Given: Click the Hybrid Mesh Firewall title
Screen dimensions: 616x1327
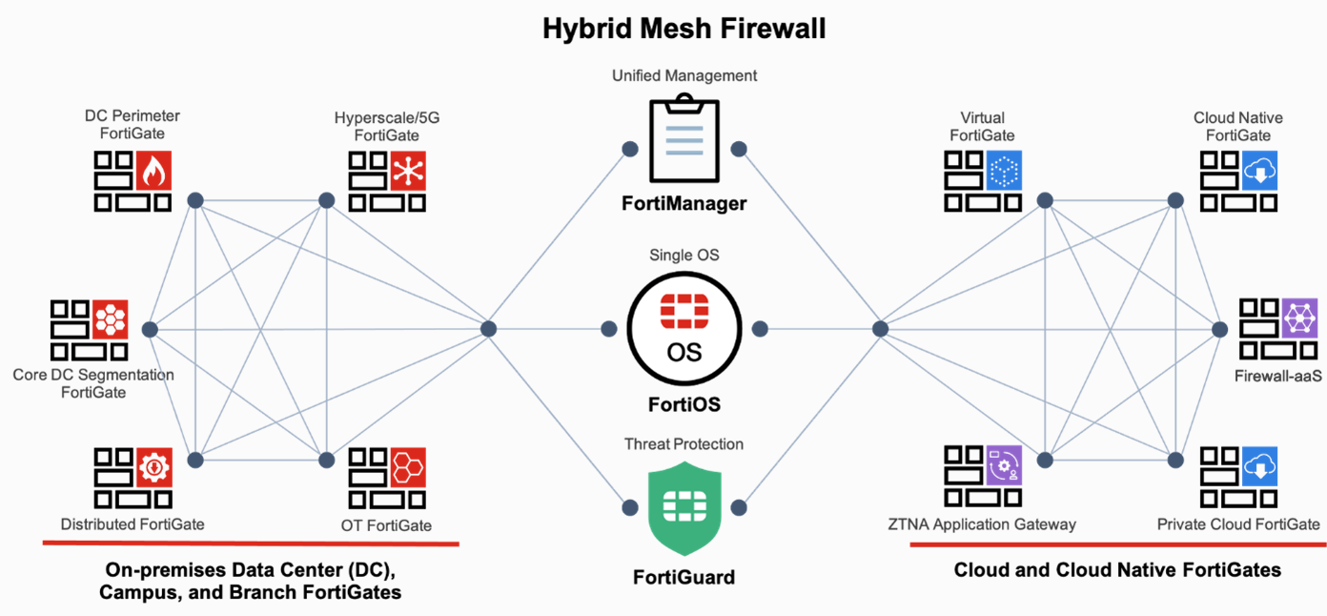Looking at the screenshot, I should click(x=684, y=29).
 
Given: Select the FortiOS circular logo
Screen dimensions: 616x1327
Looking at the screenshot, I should click(x=684, y=329).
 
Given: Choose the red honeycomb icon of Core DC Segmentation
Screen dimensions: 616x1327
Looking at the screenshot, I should click(x=110, y=318).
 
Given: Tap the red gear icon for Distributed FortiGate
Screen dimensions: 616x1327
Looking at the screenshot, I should click(x=153, y=467).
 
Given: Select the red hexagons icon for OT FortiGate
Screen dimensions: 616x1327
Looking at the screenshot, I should click(x=408, y=467).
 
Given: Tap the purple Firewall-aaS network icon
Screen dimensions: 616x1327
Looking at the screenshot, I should click(x=1299, y=318).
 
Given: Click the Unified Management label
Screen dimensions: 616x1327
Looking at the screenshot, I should click(x=684, y=75).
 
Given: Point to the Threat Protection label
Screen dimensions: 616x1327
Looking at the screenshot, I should click(x=684, y=444).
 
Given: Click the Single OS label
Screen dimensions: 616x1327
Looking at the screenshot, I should click(x=684, y=256).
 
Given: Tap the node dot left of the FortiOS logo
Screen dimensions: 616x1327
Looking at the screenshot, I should click(x=609, y=329).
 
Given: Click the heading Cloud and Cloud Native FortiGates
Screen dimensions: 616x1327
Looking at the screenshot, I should click(x=1117, y=570).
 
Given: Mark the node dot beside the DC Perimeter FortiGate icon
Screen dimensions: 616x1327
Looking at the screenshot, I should click(x=195, y=200).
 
